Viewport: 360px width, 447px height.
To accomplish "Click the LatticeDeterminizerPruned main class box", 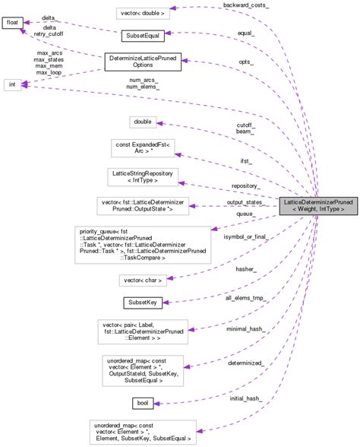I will pyautogui.click(x=317, y=204).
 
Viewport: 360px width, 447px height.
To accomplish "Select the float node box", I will pyautogui.click(x=12, y=23).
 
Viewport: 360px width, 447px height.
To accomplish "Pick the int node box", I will pyautogui.click(x=12, y=84).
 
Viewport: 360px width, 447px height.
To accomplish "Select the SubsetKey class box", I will pyautogui.click(x=142, y=303).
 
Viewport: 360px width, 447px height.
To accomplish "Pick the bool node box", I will pyautogui.click(x=142, y=403).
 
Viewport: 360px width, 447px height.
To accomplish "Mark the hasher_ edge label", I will pyautogui.click(x=245, y=268).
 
